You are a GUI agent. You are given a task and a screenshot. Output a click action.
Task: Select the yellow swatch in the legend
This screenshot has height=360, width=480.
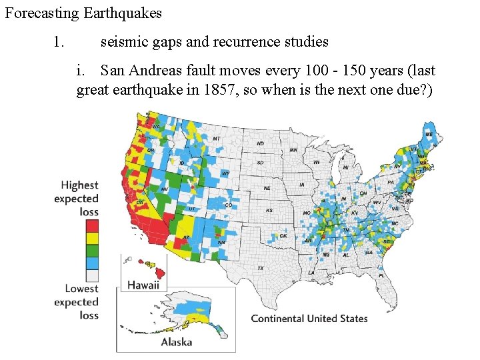92,237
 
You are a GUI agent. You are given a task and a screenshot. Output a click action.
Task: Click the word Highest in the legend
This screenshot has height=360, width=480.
79,185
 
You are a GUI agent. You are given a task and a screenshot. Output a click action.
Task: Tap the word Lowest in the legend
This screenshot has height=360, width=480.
81,289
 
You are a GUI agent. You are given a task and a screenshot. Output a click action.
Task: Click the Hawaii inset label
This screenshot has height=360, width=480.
143,285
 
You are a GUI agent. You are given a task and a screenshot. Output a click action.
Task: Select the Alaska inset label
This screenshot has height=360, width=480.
176,342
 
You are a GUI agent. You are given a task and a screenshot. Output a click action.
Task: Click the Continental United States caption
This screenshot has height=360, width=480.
309,319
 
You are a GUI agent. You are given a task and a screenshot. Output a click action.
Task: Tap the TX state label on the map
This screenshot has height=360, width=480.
261,268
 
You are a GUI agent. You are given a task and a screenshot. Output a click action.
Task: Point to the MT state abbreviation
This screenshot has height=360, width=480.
217,139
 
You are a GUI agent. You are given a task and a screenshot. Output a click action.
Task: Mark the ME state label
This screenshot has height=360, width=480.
429,134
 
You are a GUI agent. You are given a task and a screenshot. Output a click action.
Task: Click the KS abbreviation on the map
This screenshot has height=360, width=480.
269,210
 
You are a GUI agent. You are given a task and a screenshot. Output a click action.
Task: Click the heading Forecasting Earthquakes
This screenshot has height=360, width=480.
83,13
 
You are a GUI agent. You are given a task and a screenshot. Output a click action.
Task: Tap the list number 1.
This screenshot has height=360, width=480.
59,42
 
